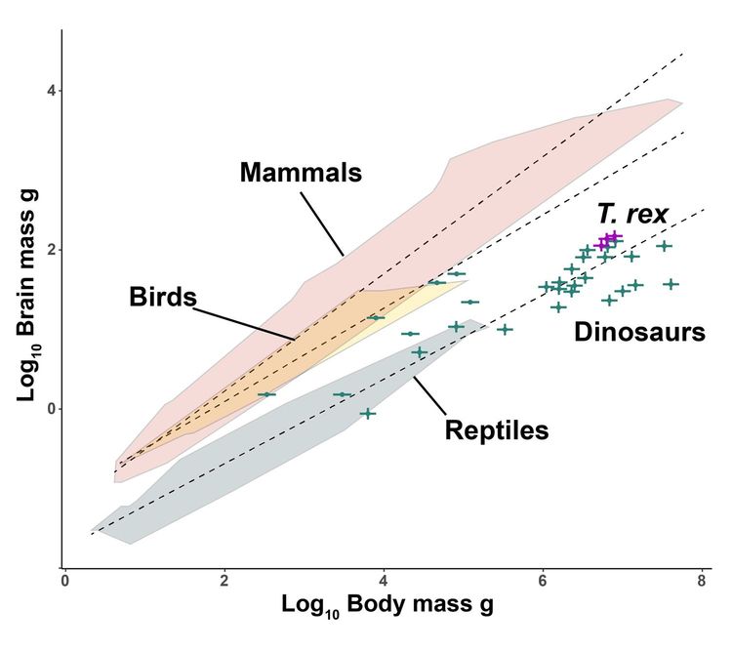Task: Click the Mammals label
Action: [301, 174]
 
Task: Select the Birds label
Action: [163, 298]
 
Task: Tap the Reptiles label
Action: [497, 428]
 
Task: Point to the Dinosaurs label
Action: [639, 332]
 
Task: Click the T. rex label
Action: [632, 214]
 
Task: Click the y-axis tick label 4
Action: [51, 92]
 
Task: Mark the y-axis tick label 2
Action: [51, 250]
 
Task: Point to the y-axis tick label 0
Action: [51, 408]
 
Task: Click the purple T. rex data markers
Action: [609, 239]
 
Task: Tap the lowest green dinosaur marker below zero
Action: [367, 413]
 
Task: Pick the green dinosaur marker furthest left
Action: [266, 394]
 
